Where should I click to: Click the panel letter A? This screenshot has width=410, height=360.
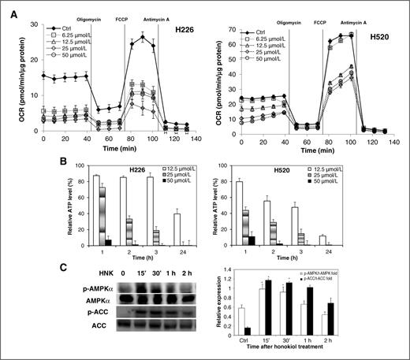point(6,6)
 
